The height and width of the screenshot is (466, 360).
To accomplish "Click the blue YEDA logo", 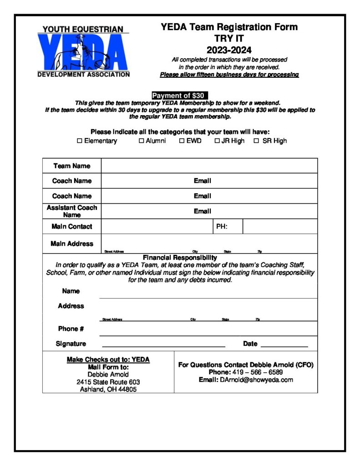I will point(83,51).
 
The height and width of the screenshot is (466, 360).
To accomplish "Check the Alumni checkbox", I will point(142,141).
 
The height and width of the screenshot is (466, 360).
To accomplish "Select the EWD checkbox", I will point(182,141).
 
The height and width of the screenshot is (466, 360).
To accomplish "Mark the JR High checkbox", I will point(217,141).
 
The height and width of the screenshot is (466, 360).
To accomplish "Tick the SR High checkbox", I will point(256,141).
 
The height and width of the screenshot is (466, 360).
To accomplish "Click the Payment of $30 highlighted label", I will point(179,96).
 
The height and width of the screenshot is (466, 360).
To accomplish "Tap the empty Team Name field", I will point(209,166).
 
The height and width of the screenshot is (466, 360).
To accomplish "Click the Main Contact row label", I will point(72,226).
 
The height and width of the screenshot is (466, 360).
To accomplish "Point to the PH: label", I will point(222,226).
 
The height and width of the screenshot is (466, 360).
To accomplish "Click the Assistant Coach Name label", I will point(72,211).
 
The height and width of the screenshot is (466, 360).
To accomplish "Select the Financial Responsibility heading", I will point(180,258).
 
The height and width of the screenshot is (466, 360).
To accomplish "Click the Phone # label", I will point(71,329).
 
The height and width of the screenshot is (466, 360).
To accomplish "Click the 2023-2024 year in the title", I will point(229,50).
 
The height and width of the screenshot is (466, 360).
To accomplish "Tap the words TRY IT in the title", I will point(229,39).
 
